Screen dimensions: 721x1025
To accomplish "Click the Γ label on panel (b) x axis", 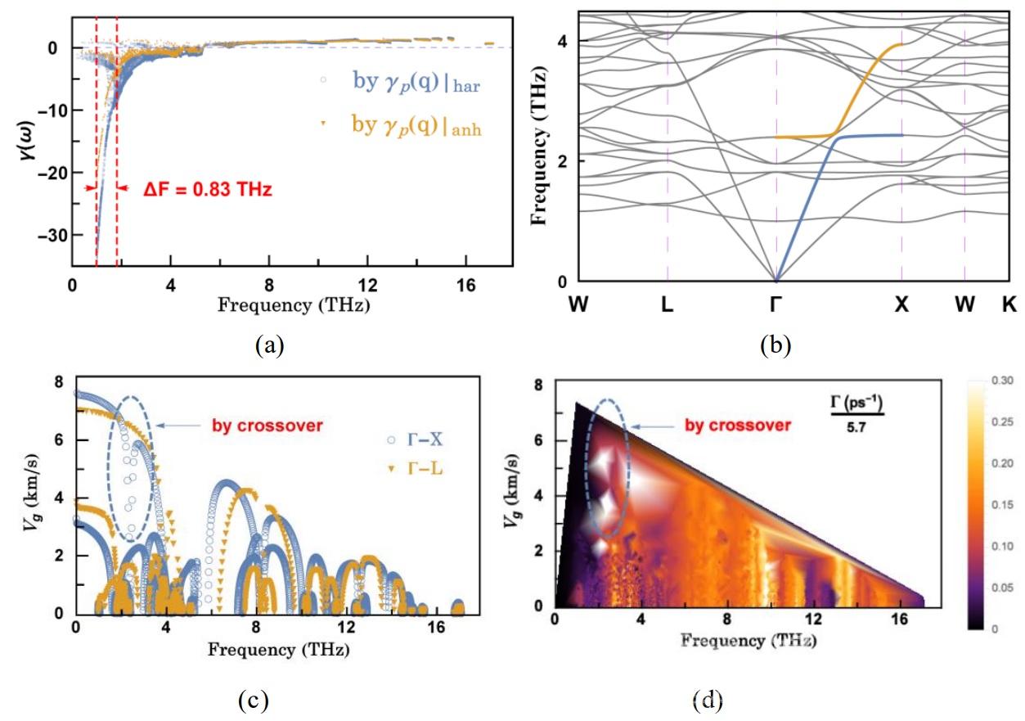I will click(x=775, y=304).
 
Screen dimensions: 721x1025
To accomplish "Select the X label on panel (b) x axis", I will click(x=901, y=304).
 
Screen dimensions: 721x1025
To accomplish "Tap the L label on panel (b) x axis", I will click(x=668, y=304).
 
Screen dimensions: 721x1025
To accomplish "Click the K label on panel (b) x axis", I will click(x=1009, y=304).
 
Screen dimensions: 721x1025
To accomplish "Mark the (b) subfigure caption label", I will click(x=775, y=345).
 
